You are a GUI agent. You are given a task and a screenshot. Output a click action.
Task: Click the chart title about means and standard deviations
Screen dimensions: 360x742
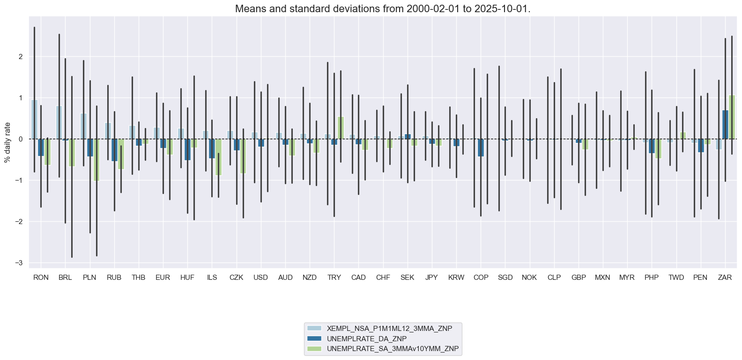tap(383, 9)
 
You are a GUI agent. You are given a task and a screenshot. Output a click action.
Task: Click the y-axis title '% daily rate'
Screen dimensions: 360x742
tap(7, 142)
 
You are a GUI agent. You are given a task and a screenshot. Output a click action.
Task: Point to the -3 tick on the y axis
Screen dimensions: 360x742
tap(19, 263)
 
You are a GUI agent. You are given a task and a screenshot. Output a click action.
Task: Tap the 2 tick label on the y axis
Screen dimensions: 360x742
tap(20, 57)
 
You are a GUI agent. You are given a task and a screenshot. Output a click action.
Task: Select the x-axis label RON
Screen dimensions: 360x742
tap(41, 277)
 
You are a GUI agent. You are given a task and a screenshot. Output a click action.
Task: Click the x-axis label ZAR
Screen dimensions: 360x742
tap(725, 277)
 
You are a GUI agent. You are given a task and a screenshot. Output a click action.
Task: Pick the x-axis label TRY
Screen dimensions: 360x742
tap(334, 277)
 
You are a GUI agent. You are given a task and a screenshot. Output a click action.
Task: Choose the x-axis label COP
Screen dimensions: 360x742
tap(481, 277)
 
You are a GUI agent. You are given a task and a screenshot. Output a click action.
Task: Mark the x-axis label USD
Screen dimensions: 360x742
tap(260, 277)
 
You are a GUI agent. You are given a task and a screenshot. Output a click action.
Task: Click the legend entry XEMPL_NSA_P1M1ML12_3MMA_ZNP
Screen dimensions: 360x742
tap(389, 329)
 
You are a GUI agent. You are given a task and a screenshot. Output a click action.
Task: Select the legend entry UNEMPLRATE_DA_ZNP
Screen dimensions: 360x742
tap(367, 339)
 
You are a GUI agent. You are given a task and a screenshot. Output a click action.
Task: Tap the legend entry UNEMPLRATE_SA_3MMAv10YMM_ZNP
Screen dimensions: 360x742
tap(393, 349)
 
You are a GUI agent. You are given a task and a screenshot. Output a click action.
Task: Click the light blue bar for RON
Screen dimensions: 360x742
tap(34, 120)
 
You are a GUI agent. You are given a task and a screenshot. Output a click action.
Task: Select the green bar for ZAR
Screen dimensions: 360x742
tap(732, 117)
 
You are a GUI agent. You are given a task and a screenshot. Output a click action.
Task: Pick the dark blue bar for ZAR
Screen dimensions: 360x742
tap(725, 125)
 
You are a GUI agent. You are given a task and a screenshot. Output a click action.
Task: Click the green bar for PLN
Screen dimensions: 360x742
tap(96, 160)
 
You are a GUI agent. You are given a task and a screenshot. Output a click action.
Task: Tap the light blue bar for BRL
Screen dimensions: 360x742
tap(59, 122)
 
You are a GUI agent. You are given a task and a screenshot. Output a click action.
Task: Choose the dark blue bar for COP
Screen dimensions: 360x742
tap(481, 148)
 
